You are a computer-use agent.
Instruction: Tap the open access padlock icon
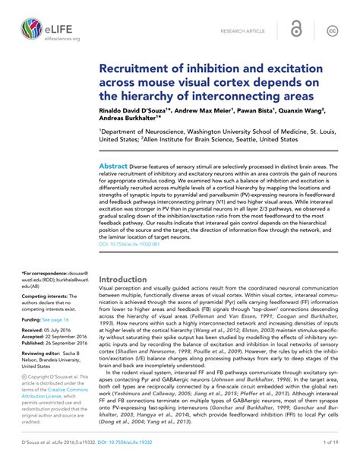pyautogui.click(x=297, y=30)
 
